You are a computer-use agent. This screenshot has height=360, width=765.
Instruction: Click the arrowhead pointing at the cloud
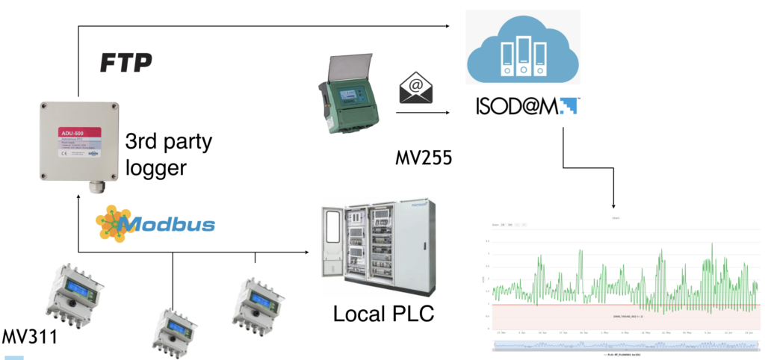(x=455, y=27)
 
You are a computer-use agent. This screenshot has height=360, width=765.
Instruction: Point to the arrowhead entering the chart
(x=613, y=205)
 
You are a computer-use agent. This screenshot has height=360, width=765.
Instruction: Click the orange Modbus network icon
(x=111, y=222)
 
